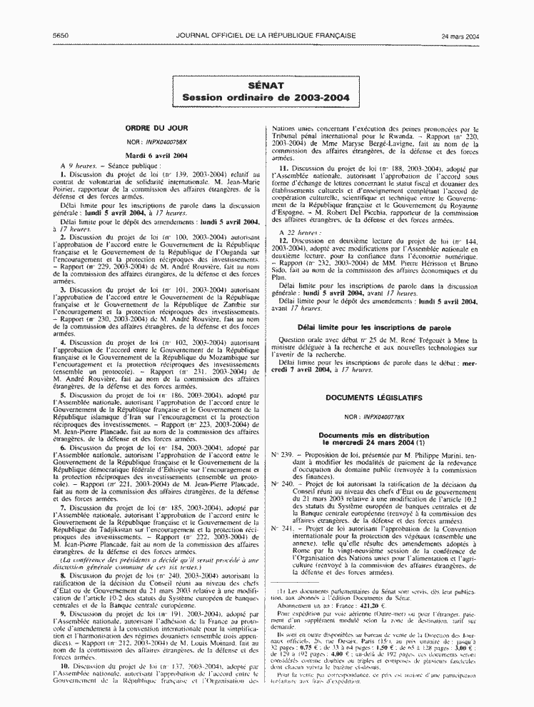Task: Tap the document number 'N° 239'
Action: click(x=283, y=454)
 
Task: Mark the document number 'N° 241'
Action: click(x=283, y=528)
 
